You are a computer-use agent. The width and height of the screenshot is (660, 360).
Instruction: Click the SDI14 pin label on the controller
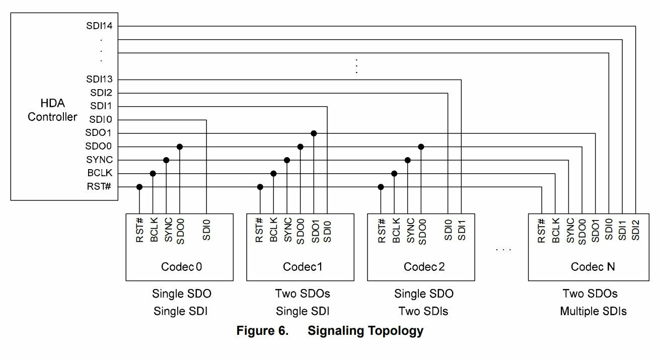[x=99, y=26]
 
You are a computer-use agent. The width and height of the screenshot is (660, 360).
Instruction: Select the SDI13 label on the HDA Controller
[x=99, y=79]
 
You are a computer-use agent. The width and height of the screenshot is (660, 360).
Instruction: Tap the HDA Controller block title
[x=52, y=110]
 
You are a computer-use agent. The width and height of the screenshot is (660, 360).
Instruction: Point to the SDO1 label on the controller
[x=98, y=132]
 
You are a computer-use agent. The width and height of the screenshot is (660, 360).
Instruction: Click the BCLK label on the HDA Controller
[x=100, y=173]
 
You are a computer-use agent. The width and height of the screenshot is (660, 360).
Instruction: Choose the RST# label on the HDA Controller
[x=99, y=186]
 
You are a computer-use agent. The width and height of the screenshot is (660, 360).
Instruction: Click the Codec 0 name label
[x=182, y=267]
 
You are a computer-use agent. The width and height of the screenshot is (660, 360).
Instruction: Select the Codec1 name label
[x=302, y=267]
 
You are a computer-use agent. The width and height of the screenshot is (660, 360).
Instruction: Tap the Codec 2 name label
[x=424, y=267]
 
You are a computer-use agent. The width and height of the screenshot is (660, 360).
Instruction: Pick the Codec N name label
[x=593, y=267]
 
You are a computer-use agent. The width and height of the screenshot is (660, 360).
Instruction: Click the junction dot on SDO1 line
[x=314, y=133]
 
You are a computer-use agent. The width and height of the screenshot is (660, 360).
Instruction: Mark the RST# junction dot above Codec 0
[x=139, y=187]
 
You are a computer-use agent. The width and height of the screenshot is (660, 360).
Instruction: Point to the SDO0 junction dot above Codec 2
[x=421, y=147]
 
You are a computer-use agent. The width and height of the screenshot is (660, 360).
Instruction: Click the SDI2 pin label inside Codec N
[x=635, y=230]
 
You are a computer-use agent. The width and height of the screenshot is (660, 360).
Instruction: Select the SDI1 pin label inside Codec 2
[x=462, y=230]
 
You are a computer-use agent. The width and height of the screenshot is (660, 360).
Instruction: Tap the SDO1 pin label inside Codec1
[x=315, y=232]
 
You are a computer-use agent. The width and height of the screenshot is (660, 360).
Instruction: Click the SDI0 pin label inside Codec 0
[x=206, y=230]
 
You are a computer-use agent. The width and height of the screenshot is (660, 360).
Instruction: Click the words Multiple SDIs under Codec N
[x=593, y=311]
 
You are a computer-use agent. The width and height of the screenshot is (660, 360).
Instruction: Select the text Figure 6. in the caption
[x=262, y=330]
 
